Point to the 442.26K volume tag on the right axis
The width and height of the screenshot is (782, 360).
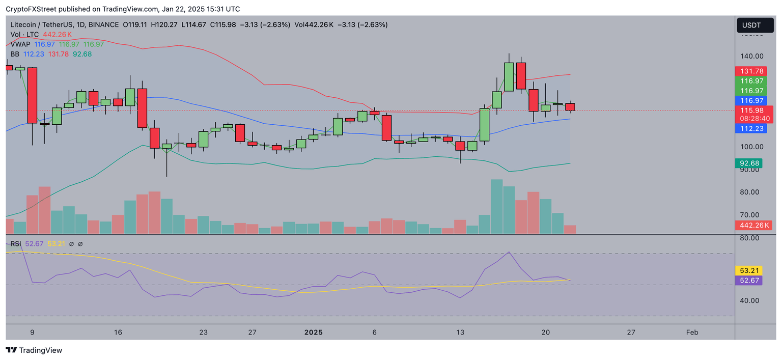click(755, 225)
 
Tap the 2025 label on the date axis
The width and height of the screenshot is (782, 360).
click(314, 333)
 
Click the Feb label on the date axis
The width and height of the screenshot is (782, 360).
click(692, 333)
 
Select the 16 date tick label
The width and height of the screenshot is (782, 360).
click(118, 333)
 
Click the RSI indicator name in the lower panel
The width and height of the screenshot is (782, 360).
click(16, 244)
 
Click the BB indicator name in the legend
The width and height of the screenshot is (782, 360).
click(15, 54)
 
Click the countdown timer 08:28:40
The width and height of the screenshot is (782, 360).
click(755, 118)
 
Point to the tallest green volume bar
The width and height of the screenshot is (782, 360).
click(496, 206)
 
